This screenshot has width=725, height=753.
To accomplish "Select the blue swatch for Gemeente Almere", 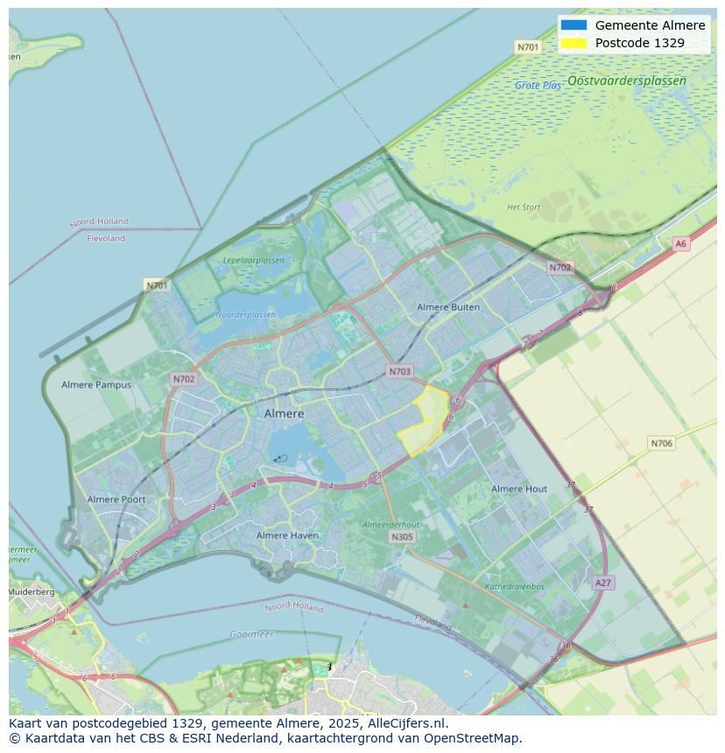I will coord(574,25).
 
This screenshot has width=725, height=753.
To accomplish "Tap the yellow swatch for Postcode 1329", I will coord(574,43).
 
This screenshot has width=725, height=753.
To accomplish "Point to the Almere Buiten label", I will coord(448,308).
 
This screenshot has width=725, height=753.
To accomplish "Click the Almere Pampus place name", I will coord(96,385).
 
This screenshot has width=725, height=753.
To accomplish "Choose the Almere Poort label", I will coord(116,499).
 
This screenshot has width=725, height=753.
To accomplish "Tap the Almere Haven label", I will coord(287,535).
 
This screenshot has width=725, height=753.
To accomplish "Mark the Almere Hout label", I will coord(519,489).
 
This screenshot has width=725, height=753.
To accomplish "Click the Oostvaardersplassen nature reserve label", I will coord(626,80).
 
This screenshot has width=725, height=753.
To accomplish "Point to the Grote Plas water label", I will coord(538,86).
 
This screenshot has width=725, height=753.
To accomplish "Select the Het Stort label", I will coord(524,207).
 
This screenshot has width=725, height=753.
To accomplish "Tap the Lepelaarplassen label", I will coord(253,261).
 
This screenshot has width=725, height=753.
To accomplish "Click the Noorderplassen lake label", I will coord(245,315).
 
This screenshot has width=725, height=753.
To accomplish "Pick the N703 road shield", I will coord(399,372).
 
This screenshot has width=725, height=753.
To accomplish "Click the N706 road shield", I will coord(661,443).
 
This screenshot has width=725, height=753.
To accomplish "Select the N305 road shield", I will coord(402,537).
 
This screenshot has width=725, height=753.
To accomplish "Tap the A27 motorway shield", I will coord(602,582).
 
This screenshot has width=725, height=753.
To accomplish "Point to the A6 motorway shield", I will coord(680,244).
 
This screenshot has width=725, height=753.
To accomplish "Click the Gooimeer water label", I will coord(251,634).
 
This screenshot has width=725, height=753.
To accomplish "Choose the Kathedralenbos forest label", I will coord(515,587).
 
